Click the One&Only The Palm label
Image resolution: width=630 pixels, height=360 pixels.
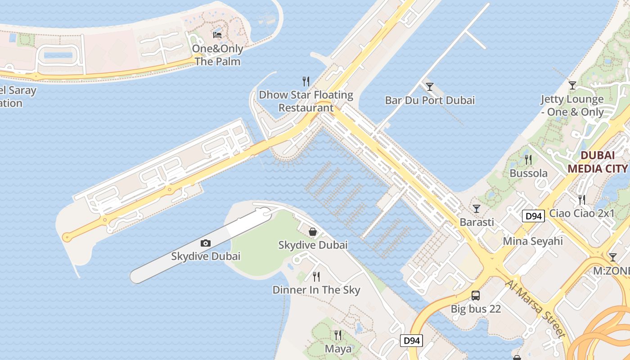217,55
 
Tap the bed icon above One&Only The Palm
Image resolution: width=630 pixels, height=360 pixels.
217,35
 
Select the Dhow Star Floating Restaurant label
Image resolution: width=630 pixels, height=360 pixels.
306,101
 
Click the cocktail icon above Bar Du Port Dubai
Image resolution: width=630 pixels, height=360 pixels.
430,86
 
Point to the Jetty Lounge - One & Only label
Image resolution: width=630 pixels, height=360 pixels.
572,105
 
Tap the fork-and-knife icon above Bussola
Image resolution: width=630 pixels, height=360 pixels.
528,159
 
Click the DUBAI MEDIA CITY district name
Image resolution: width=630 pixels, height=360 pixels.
597,162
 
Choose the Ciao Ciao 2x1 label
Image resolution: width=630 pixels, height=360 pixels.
582,213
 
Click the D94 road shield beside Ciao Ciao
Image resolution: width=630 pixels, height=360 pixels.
534,216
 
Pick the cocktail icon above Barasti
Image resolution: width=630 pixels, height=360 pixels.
477,208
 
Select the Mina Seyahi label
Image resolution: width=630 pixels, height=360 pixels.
533,241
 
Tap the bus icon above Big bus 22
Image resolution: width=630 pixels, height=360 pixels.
476,296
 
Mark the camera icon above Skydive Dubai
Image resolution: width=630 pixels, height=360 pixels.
206,243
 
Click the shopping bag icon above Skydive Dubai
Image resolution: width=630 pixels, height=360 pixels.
313,232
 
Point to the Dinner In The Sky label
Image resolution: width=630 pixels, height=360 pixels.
316,290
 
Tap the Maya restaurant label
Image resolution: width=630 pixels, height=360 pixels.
338,349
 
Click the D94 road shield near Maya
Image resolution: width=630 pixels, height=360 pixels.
411,341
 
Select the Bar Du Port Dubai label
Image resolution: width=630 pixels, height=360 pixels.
430,100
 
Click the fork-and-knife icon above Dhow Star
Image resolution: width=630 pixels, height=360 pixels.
306,81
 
